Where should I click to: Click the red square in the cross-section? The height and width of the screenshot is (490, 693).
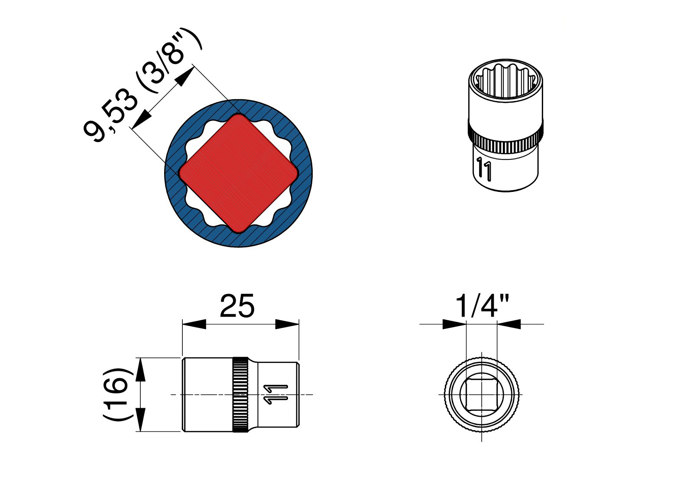(239, 173)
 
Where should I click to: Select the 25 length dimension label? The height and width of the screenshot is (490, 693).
(237, 306)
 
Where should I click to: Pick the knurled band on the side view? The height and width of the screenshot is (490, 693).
(240, 394)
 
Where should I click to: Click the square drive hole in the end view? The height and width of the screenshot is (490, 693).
(482, 395)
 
